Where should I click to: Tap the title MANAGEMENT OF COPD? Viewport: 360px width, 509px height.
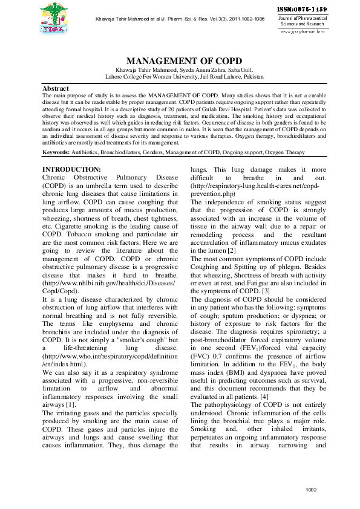coord(184,62)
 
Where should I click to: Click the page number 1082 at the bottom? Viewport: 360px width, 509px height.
coord(311,488)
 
